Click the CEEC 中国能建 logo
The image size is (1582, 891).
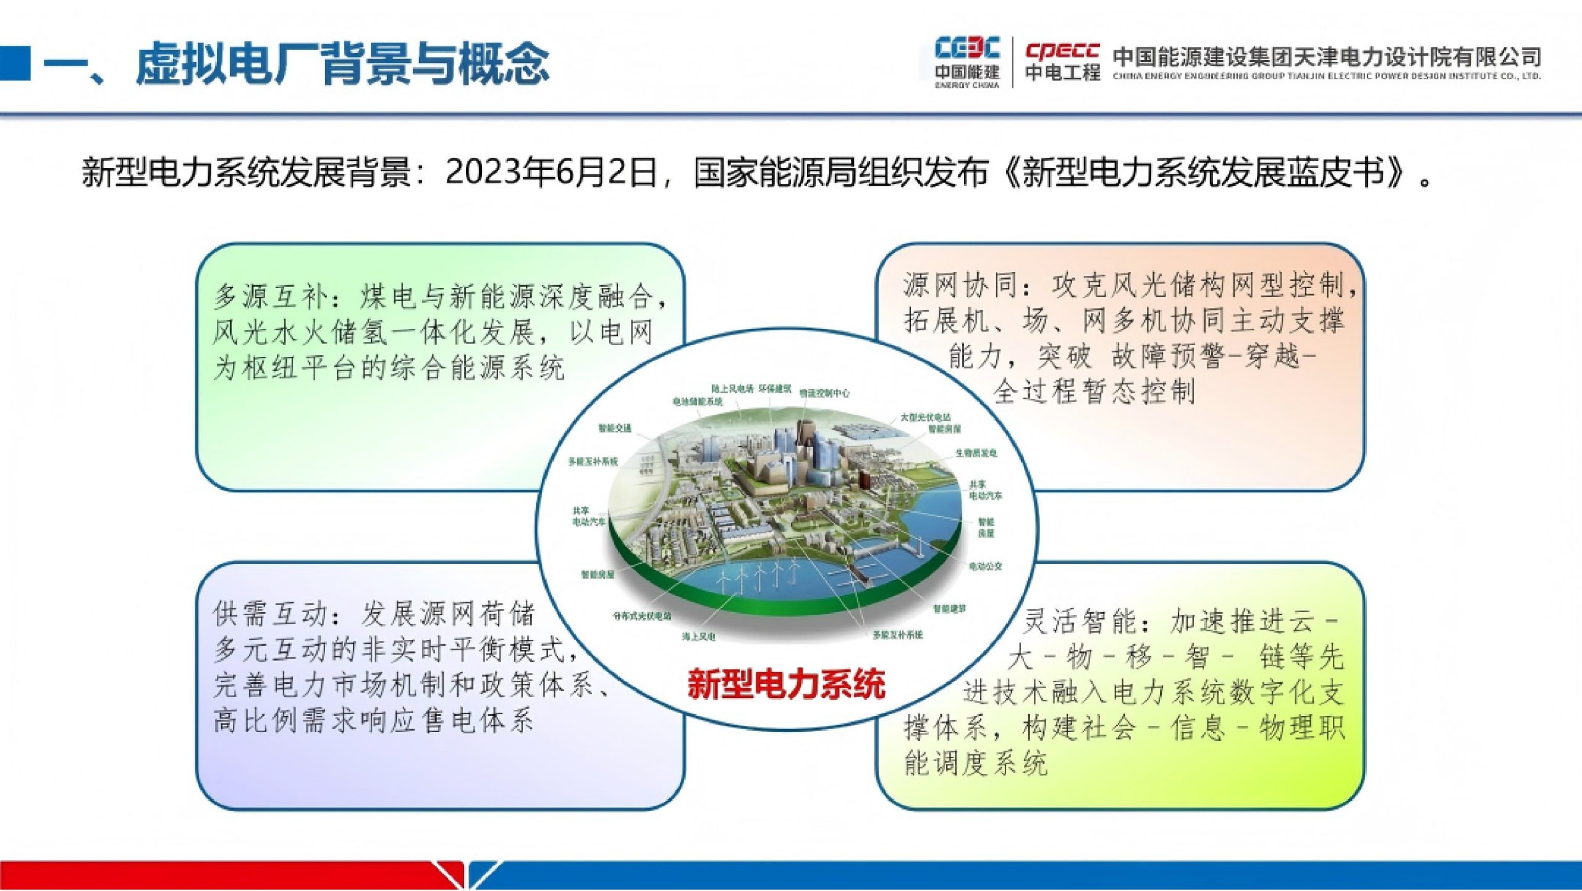tap(967, 62)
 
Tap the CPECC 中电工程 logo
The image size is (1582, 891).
tap(1062, 62)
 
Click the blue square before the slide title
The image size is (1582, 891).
tap(15, 63)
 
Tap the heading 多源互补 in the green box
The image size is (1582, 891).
tap(269, 297)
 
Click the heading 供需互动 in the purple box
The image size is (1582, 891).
tap(269, 614)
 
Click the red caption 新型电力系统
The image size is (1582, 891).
tap(787, 684)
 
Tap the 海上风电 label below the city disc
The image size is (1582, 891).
tap(698, 637)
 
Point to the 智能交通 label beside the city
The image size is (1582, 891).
tap(614, 428)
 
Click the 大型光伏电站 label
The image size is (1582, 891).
tap(925, 417)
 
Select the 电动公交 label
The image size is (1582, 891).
tap(985, 566)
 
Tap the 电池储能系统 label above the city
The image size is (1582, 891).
tap(697, 402)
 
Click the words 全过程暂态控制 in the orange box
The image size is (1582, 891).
tap(1094, 391)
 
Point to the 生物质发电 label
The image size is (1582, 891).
tap(976, 453)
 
